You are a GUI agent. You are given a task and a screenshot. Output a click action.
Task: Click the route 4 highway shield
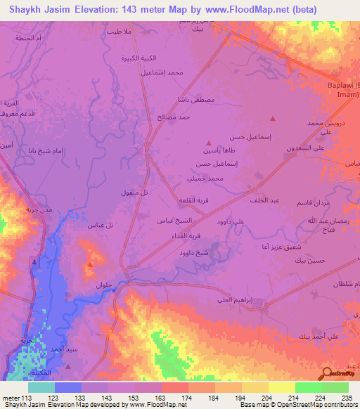coord(33,261)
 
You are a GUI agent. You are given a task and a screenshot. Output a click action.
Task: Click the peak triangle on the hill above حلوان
coord(91,265)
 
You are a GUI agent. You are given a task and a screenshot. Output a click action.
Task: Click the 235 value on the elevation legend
coord(347,397)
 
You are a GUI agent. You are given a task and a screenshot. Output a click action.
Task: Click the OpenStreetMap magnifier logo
coord(328,374)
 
